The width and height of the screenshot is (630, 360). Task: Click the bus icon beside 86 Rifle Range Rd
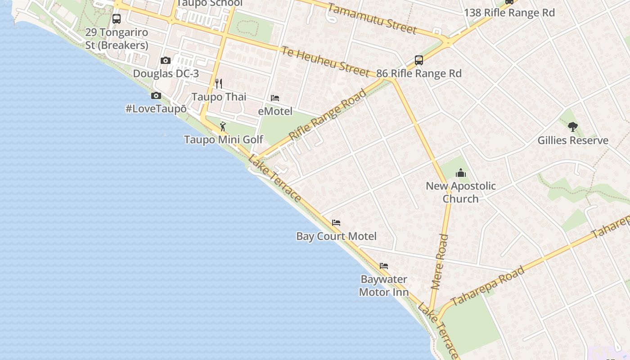(418, 60)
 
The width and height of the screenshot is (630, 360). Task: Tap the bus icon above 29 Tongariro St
(116, 19)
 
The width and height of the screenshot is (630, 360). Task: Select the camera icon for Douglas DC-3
(165, 60)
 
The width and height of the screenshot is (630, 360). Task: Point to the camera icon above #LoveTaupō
(156, 95)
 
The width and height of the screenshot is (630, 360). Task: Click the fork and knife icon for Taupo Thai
(219, 83)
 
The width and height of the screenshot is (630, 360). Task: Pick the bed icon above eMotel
(275, 98)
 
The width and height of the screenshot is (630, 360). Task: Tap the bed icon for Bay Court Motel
(336, 222)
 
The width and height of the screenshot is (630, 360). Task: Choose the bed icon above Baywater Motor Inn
(384, 265)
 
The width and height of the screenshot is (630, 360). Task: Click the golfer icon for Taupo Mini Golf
(222, 126)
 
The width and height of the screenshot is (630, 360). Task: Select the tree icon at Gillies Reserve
(573, 126)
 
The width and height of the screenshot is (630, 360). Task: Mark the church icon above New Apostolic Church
(460, 172)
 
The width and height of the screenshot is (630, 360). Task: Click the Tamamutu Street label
(372, 19)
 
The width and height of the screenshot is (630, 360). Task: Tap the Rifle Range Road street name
(328, 115)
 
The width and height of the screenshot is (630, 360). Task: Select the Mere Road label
(440, 261)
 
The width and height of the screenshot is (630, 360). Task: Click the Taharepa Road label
(488, 286)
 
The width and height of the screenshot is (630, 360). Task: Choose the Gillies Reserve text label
(573, 140)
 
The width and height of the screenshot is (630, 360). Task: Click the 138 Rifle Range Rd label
(509, 13)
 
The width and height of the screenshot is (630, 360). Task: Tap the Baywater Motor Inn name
(384, 286)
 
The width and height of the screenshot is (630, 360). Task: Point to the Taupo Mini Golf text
(224, 139)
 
